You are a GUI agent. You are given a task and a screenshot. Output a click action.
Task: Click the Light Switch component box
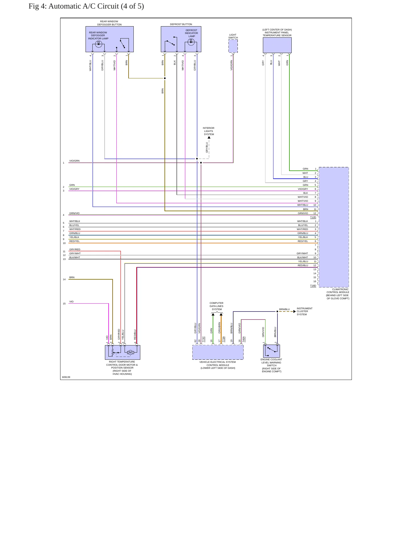click(x=233, y=46)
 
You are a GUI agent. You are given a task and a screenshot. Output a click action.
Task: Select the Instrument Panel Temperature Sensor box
click(x=277, y=45)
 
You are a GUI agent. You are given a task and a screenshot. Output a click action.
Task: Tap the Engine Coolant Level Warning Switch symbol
click(x=271, y=351)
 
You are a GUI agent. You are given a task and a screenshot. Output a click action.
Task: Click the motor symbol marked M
click(x=130, y=353)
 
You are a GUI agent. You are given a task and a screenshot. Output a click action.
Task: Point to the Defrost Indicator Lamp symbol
click(x=191, y=42)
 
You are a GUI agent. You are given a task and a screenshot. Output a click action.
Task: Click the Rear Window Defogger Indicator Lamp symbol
click(x=98, y=44)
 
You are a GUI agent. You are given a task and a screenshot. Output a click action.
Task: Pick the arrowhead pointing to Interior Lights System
click(x=209, y=137)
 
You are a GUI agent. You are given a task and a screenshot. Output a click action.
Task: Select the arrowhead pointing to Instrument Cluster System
click(x=295, y=312)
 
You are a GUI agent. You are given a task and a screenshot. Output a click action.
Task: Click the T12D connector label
click(x=313, y=217)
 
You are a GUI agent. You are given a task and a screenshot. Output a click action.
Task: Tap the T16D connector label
click(x=313, y=286)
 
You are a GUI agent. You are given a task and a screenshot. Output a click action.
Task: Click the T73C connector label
click(x=204, y=339)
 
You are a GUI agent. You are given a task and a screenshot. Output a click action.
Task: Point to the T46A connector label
click(x=244, y=339)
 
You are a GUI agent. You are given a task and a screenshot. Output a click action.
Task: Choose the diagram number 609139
click(x=66, y=377)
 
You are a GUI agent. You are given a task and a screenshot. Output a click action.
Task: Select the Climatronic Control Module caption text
click(x=338, y=294)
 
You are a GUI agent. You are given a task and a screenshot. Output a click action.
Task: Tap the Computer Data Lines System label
click(x=217, y=306)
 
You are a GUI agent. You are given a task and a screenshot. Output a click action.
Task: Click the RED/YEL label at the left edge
click(x=74, y=241)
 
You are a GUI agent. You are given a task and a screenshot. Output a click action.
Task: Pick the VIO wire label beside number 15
click(x=71, y=302)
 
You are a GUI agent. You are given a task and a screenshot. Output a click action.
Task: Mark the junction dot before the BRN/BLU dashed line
click(x=277, y=312)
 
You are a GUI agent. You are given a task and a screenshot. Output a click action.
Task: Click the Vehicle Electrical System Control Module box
click(x=218, y=352)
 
